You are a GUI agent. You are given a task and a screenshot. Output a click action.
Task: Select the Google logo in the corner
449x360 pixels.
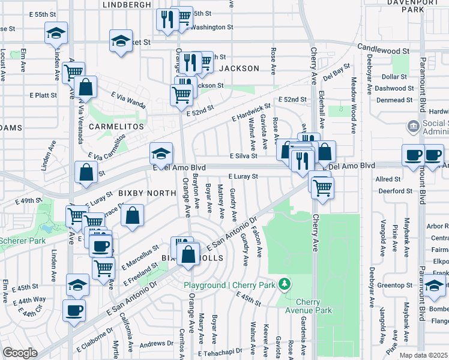coord(20,353)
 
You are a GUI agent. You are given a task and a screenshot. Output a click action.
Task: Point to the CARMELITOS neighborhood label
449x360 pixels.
coord(116,127)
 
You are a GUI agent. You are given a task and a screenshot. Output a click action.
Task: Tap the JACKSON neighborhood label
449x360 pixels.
coord(239,68)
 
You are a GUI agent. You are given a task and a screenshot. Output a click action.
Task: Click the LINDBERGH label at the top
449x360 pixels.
coord(127,5)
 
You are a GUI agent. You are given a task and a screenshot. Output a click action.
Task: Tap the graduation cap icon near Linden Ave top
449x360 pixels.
coord(56,33)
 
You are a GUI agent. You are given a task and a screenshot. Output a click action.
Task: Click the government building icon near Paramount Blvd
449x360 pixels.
coord(414,126)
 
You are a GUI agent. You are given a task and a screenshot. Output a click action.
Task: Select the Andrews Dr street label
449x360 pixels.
coord(156,344)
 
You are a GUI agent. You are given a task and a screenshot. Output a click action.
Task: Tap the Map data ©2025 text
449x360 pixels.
coord(423,355)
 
